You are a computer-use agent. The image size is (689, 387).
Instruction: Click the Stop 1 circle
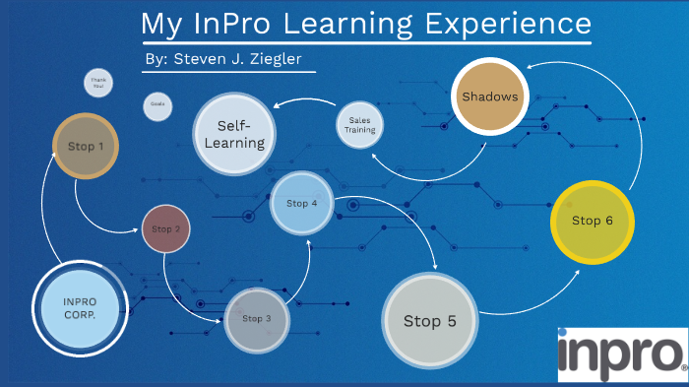click(86, 146)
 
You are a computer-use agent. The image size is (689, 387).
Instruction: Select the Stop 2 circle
click(165, 228)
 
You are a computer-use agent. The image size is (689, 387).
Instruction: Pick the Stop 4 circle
click(301, 204)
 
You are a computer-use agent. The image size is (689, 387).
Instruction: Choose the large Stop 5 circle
click(430, 320)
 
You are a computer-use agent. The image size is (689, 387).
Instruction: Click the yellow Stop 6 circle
click(593, 222)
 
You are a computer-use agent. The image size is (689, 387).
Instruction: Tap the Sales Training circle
click(357, 124)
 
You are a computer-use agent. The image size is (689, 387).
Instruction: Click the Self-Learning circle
click(241, 135)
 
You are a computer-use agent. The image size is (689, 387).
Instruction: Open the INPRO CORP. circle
click(80, 307)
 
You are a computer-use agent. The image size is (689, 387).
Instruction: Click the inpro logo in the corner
click(621, 354)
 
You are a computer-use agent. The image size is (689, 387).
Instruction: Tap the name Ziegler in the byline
click(273, 59)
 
